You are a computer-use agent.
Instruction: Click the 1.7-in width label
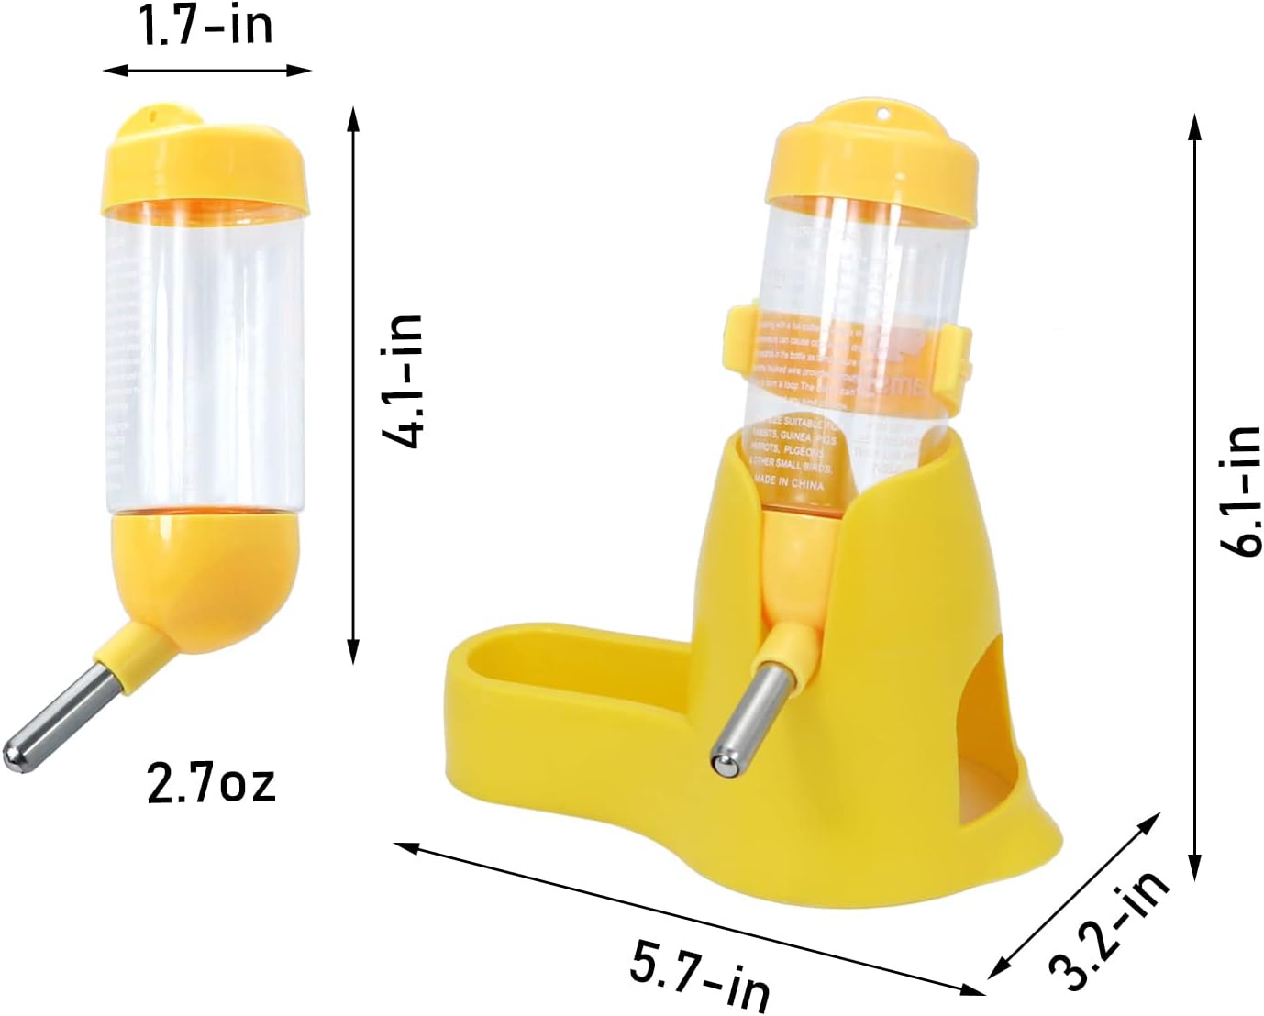205,25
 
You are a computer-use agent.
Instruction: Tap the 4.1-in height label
402,381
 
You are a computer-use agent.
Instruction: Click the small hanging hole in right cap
884,115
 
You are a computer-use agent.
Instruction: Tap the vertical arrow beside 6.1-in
1193,495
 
